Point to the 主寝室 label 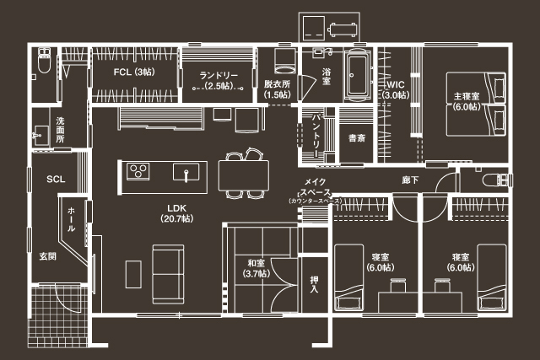tap(466, 102)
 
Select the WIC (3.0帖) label tap(396, 90)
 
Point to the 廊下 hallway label tap(411, 180)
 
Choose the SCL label tap(56, 179)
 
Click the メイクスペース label tap(320, 192)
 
